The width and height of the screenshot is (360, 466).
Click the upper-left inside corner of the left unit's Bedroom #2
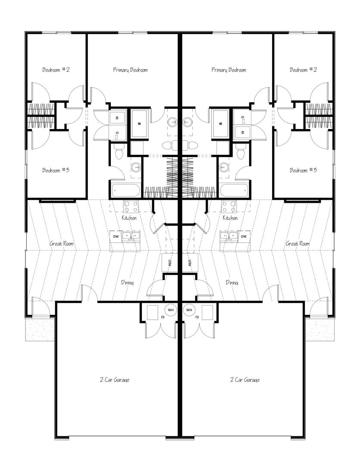[x=27, y=35]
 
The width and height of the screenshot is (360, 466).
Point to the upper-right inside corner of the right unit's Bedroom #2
[x=332, y=35]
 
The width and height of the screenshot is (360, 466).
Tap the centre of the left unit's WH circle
[x=170, y=310]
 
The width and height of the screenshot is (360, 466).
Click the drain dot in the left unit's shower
[x=139, y=123]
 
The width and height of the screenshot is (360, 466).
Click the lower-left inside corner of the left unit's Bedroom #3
[x=27, y=197]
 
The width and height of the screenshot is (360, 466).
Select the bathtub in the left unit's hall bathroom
[x=125, y=190]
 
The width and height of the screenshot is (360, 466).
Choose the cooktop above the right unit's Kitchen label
[x=229, y=207]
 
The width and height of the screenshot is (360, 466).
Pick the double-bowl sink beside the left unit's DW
[x=131, y=236]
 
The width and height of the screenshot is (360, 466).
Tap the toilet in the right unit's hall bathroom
[x=241, y=152]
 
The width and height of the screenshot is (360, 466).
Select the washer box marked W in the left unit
[x=117, y=118]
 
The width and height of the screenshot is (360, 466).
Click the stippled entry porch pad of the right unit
[x=319, y=329]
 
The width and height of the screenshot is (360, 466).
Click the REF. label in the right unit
[x=190, y=262]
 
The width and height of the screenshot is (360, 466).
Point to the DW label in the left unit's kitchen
[x=116, y=236]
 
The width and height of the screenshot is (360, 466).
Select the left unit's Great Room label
[x=62, y=244]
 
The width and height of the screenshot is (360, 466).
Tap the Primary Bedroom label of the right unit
[x=229, y=70]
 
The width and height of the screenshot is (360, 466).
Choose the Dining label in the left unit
[x=128, y=283]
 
